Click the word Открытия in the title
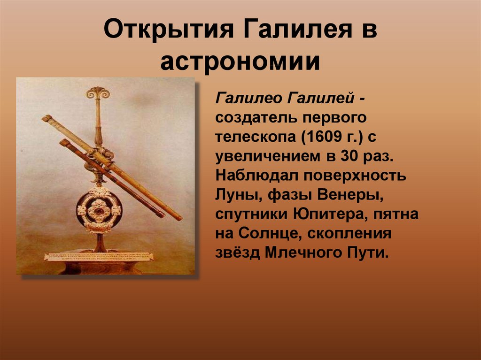coord(169,29)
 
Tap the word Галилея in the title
coord(298,29)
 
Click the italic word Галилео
coord(248,99)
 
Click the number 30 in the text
coord(349,156)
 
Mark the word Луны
coord(238,196)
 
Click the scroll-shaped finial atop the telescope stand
coord(98,93)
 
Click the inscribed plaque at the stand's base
coord(98,257)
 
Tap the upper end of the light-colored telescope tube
coord(47,118)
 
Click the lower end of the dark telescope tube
coord(162,214)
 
